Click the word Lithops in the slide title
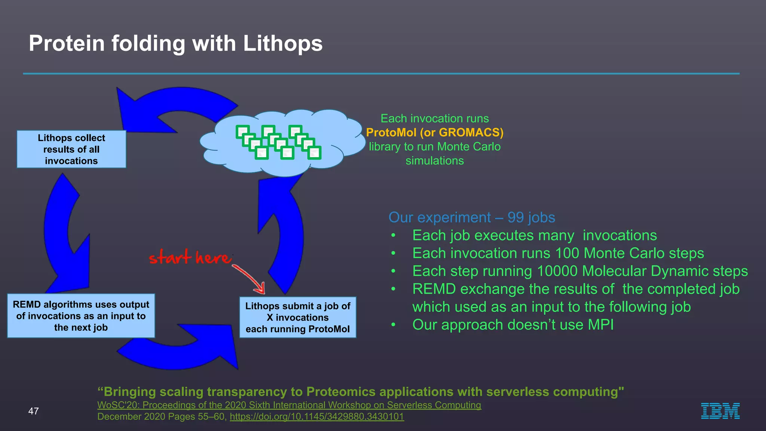[x=282, y=43]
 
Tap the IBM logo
[x=720, y=411]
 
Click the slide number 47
[x=33, y=411]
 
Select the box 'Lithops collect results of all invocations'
[x=71, y=149]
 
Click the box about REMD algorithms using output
[x=81, y=316]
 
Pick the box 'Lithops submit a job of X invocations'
[x=298, y=317]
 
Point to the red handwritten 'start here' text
[x=190, y=257]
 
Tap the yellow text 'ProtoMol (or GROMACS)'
[x=435, y=132]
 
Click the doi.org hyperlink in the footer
[x=317, y=416]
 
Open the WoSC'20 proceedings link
[x=289, y=405]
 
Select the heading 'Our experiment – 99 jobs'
[x=472, y=217]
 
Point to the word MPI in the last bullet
[x=601, y=325]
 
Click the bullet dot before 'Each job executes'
[x=393, y=236]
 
